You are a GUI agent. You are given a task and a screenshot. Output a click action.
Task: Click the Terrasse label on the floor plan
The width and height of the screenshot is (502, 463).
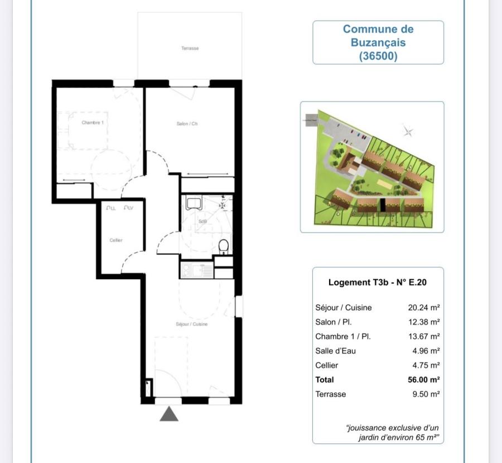tap(190, 49)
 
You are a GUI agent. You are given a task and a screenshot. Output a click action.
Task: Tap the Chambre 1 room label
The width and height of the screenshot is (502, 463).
tap(93, 122)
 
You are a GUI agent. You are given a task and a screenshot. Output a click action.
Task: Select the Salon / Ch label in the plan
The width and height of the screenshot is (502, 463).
tap(187, 123)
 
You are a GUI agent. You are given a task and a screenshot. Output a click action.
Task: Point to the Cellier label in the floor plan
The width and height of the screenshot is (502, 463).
tap(116, 240)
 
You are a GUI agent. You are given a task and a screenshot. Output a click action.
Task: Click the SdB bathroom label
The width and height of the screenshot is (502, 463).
tap(202, 222)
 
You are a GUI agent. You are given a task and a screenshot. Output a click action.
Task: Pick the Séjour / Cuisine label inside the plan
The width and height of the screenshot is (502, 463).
tap(191, 324)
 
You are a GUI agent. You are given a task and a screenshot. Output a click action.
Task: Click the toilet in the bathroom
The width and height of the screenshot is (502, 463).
tap(223, 246)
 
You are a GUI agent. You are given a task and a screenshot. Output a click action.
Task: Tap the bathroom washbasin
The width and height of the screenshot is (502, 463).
tap(194, 202)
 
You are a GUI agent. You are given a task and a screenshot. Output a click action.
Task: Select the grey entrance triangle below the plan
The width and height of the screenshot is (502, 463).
tap(169, 414)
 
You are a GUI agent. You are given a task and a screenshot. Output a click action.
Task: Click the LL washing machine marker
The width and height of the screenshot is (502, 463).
tap(110, 208)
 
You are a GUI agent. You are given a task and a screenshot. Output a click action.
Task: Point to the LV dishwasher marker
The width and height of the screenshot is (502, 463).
tap(128, 208)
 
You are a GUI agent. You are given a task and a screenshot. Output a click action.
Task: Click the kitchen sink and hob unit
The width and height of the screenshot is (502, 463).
tap(196, 271)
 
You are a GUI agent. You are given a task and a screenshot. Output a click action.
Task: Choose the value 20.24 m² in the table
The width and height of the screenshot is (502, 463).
tap(424, 308)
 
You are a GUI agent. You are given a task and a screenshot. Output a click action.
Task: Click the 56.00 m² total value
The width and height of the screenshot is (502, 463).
tap(424, 380)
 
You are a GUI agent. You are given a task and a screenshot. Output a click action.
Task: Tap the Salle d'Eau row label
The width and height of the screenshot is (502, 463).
tap(335, 351)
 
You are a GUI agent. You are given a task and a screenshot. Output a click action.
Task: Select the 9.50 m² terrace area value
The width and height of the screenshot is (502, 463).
tap(426, 394)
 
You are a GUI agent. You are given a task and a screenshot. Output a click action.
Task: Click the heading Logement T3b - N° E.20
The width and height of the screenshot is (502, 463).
tap(378, 283)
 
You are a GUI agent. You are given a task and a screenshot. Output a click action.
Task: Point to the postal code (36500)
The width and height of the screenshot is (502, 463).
tap(378, 56)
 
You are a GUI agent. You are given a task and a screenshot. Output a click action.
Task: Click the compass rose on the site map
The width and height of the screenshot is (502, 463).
tap(408, 131)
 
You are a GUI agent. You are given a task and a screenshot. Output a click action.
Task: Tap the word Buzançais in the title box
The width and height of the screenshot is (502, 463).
tap(378, 42)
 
